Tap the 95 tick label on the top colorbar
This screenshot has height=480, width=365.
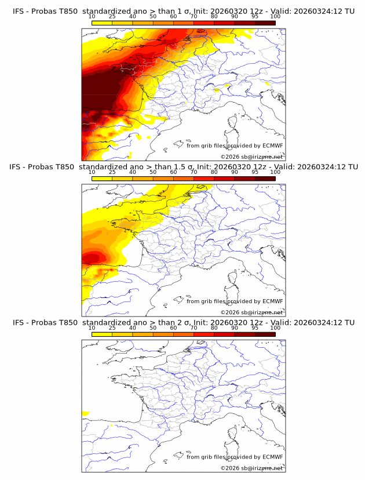coord(255,16)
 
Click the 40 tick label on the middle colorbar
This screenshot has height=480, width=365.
coord(133,172)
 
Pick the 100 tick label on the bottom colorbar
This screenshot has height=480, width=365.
coord(275,328)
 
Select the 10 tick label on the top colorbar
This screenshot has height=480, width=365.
coord(92,16)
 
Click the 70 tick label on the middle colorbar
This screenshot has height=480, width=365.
coord(194,172)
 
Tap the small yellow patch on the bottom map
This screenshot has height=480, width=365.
coord(85,413)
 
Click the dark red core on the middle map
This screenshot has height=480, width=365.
coord(90,257)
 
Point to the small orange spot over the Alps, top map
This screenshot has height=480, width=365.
coord(218,90)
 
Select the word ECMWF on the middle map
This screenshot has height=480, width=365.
coord(272,301)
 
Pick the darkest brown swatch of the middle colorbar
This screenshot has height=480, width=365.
coord(265,179)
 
